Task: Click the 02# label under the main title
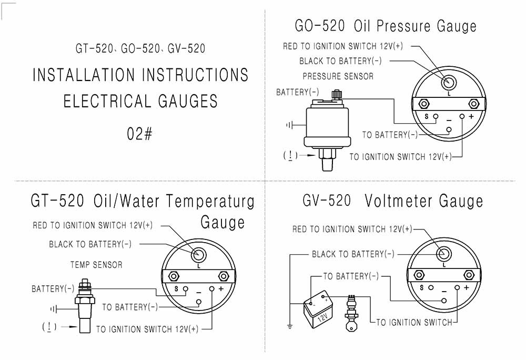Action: pyautogui.click(x=139, y=134)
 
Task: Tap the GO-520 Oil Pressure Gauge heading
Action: pyautogui.click(x=385, y=26)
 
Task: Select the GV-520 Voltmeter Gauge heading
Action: pyautogui.click(x=392, y=201)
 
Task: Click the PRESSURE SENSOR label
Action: pyautogui.click(x=338, y=76)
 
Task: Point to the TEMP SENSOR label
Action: pyautogui.click(x=96, y=265)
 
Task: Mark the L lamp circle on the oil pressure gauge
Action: pyautogui.click(x=449, y=82)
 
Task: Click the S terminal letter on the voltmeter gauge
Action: pyautogui.click(x=421, y=287)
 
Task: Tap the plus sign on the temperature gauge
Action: pyautogui.click(x=221, y=289)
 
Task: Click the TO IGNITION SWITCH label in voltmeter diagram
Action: pyautogui.click(x=414, y=322)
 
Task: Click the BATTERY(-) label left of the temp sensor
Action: pyautogui.click(x=53, y=289)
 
